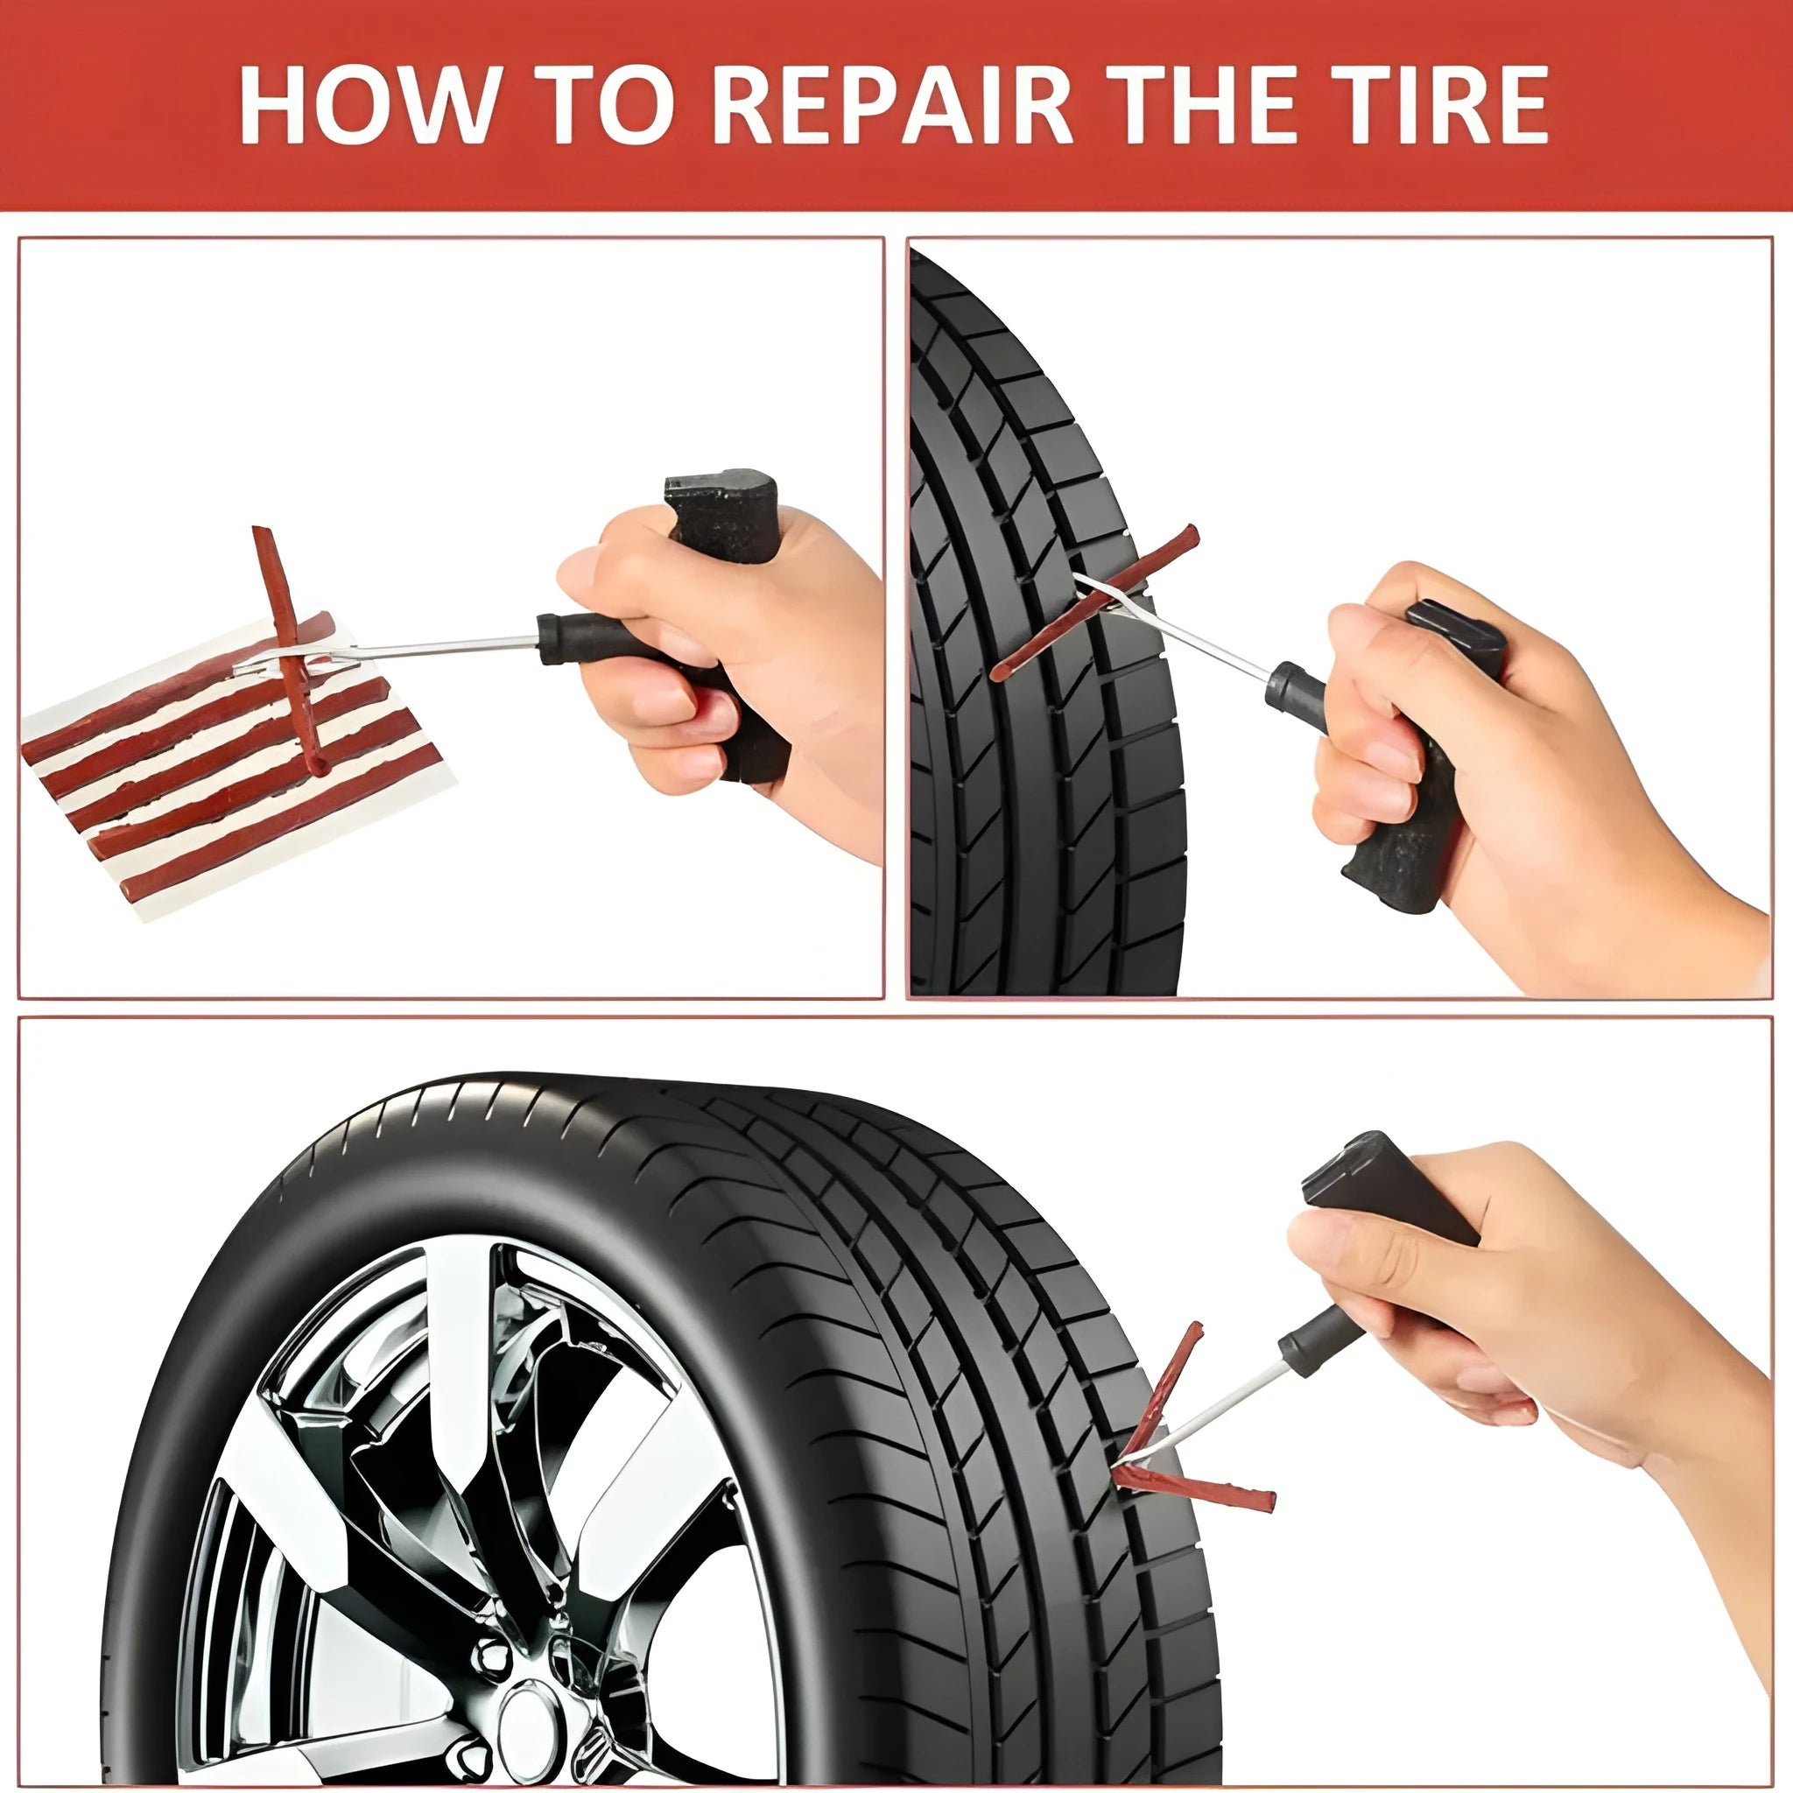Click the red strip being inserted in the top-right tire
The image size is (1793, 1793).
(1095, 603)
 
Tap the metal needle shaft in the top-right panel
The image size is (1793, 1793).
(1197, 640)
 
